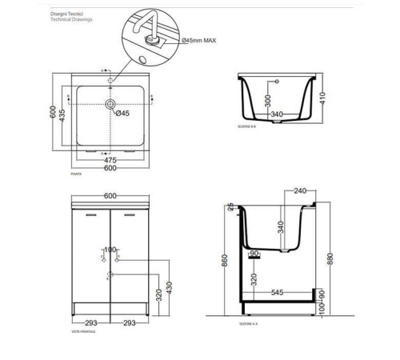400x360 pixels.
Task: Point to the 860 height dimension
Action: (225, 260)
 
